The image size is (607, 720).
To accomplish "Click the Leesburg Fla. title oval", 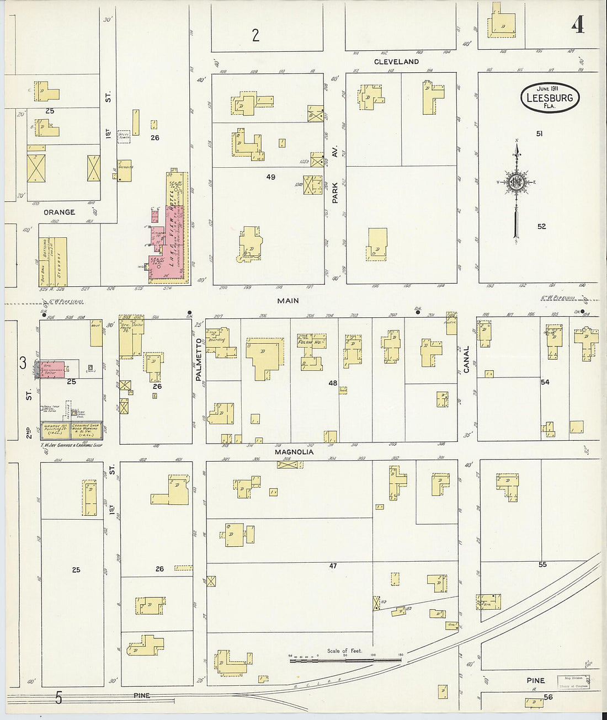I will [x=550, y=98].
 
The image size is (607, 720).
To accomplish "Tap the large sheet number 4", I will [x=577, y=24].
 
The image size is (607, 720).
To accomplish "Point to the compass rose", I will [x=517, y=183].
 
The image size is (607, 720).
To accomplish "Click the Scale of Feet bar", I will [x=345, y=659].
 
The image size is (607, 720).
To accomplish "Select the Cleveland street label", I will [x=396, y=62].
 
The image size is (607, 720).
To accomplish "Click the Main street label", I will [x=288, y=301].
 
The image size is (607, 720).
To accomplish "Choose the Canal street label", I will [x=466, y=359].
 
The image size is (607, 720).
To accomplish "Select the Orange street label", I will [x=59, y=212].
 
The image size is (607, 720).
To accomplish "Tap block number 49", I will [x=270, y=177].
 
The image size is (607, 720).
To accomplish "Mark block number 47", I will [x=333, y=566].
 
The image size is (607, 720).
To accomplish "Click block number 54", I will [x=545, y=382].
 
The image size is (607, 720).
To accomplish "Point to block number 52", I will [x=541, y=226].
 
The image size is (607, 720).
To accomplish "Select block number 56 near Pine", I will [x=548, y=697].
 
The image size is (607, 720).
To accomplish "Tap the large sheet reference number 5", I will [x=58, y=698].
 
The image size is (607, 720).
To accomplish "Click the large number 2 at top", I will [x=255, y=35].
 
